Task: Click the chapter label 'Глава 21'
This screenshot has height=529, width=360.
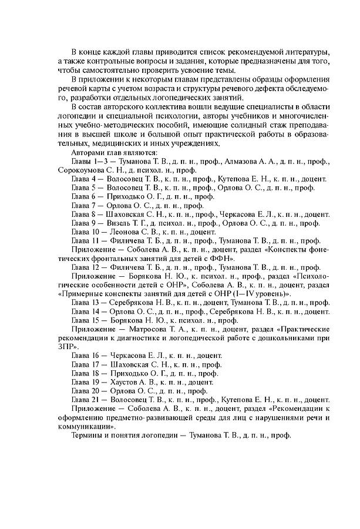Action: click(86, 400)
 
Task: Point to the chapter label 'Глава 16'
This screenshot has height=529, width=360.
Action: click(86, 355)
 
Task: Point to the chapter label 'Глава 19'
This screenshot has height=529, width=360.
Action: click(86, 381)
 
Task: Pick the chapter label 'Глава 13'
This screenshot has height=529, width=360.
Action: click(86, 302)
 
